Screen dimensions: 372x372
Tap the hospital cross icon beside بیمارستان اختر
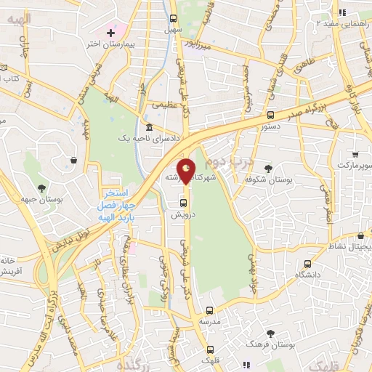pos(110,33)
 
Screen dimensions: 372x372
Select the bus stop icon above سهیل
pos(172,18)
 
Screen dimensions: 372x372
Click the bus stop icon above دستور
pos(270,114)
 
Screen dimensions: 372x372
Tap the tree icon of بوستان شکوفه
pos(269,167)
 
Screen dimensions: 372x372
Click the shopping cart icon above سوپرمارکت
pos(355,154)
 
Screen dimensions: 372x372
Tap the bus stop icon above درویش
pos(182,203)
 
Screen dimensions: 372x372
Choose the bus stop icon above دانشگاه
pos(307,264)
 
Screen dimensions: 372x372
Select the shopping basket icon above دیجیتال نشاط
pos(361,236)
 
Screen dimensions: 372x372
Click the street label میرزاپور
pos(198,45)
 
